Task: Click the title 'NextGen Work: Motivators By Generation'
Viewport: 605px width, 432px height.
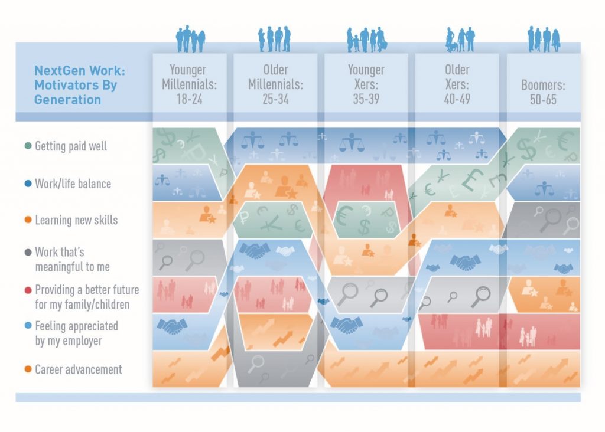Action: point(76,85)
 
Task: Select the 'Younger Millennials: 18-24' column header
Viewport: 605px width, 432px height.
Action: point(190,84)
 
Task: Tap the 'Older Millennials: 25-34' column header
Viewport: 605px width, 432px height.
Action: point(276,84)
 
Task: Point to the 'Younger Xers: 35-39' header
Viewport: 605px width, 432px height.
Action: point(366,84)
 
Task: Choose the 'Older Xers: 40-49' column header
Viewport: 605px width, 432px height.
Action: point(457,84)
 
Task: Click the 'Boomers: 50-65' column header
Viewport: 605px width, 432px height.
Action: point(543,92)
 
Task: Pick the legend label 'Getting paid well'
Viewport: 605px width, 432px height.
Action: point(71,146)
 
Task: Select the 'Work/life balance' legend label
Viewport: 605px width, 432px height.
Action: point(73,184)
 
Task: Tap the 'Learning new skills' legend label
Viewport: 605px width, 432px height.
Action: point(76,220)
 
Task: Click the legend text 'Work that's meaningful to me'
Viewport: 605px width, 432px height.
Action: point(72,259)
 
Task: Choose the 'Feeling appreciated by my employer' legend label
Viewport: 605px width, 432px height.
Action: point(76,333)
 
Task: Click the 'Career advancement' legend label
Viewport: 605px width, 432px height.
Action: point(78,369)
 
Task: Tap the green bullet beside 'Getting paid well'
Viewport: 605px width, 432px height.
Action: point(28,146)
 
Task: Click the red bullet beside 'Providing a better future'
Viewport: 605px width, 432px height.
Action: point(28,290)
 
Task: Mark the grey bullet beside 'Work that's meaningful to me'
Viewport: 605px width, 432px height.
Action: point(28,253)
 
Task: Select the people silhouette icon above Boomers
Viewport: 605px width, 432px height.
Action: point(543,40)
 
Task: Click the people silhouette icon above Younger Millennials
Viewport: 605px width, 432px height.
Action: point(190,40)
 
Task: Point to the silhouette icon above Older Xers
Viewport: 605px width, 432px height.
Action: point(460,40)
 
